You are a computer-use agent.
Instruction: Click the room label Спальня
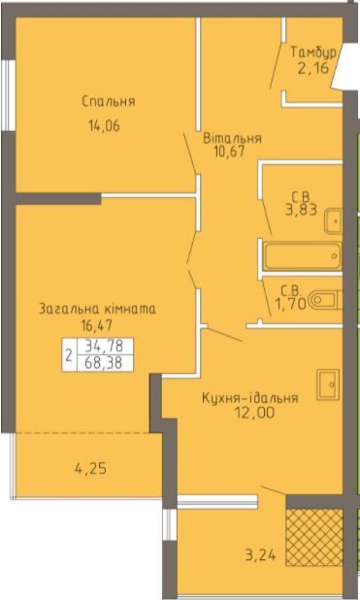point(109,102)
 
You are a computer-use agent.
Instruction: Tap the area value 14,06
point(105,125)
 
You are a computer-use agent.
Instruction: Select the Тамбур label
point(313,52)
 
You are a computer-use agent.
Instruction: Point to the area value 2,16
point(313,68)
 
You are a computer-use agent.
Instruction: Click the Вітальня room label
point(232,138)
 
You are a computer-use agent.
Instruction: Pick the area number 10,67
point(229,151)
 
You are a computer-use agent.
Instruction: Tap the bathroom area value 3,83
point(301,210)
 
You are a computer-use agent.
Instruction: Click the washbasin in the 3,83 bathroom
point(333,221)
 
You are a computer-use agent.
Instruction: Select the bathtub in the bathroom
point(303,255)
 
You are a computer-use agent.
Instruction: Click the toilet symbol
point(326,300)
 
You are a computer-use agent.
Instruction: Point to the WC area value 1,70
point(291,304)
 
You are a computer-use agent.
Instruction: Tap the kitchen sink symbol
point(328,384)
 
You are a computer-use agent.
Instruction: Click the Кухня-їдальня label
point(249,398)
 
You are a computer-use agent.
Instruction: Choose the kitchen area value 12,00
point(255,413)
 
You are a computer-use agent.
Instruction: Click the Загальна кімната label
point(98,309)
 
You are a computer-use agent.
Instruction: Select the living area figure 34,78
point(104,347)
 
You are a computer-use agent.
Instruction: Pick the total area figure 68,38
point(104,363)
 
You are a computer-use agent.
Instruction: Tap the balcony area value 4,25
point(90,468)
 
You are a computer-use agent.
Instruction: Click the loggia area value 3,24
point(260,555)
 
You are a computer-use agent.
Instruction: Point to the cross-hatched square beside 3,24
point(314,538)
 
